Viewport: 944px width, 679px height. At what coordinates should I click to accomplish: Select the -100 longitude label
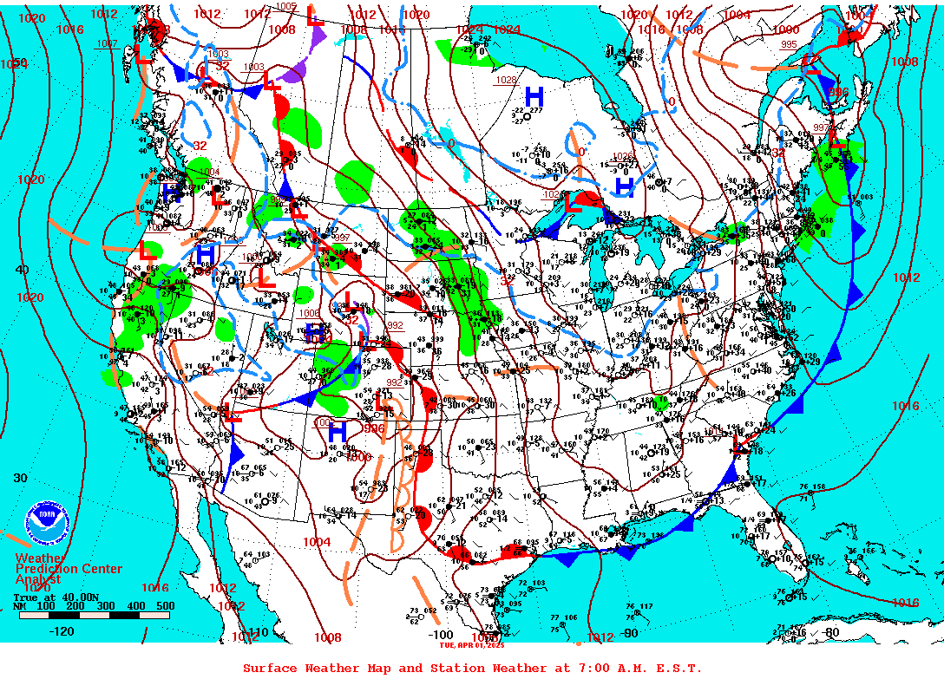click(x=442, y=635)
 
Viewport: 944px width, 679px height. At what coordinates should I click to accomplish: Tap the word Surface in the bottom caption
click(x=269, y=668)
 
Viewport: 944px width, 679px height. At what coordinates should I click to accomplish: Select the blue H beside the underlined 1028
click(x=534, y=95)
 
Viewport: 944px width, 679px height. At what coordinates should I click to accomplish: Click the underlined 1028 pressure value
click(x=506, y=80)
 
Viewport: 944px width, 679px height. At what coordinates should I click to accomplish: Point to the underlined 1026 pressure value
click(x=623, y=157)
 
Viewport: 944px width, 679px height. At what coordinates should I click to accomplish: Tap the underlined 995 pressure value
click(x=789, y=44)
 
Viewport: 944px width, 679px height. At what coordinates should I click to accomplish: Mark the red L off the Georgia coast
click(x=739, y=447)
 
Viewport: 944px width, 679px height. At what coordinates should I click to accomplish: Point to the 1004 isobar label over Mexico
click(x=317, y=542)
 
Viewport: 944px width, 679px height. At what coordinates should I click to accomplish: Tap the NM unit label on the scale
click(x=19, y=606)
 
